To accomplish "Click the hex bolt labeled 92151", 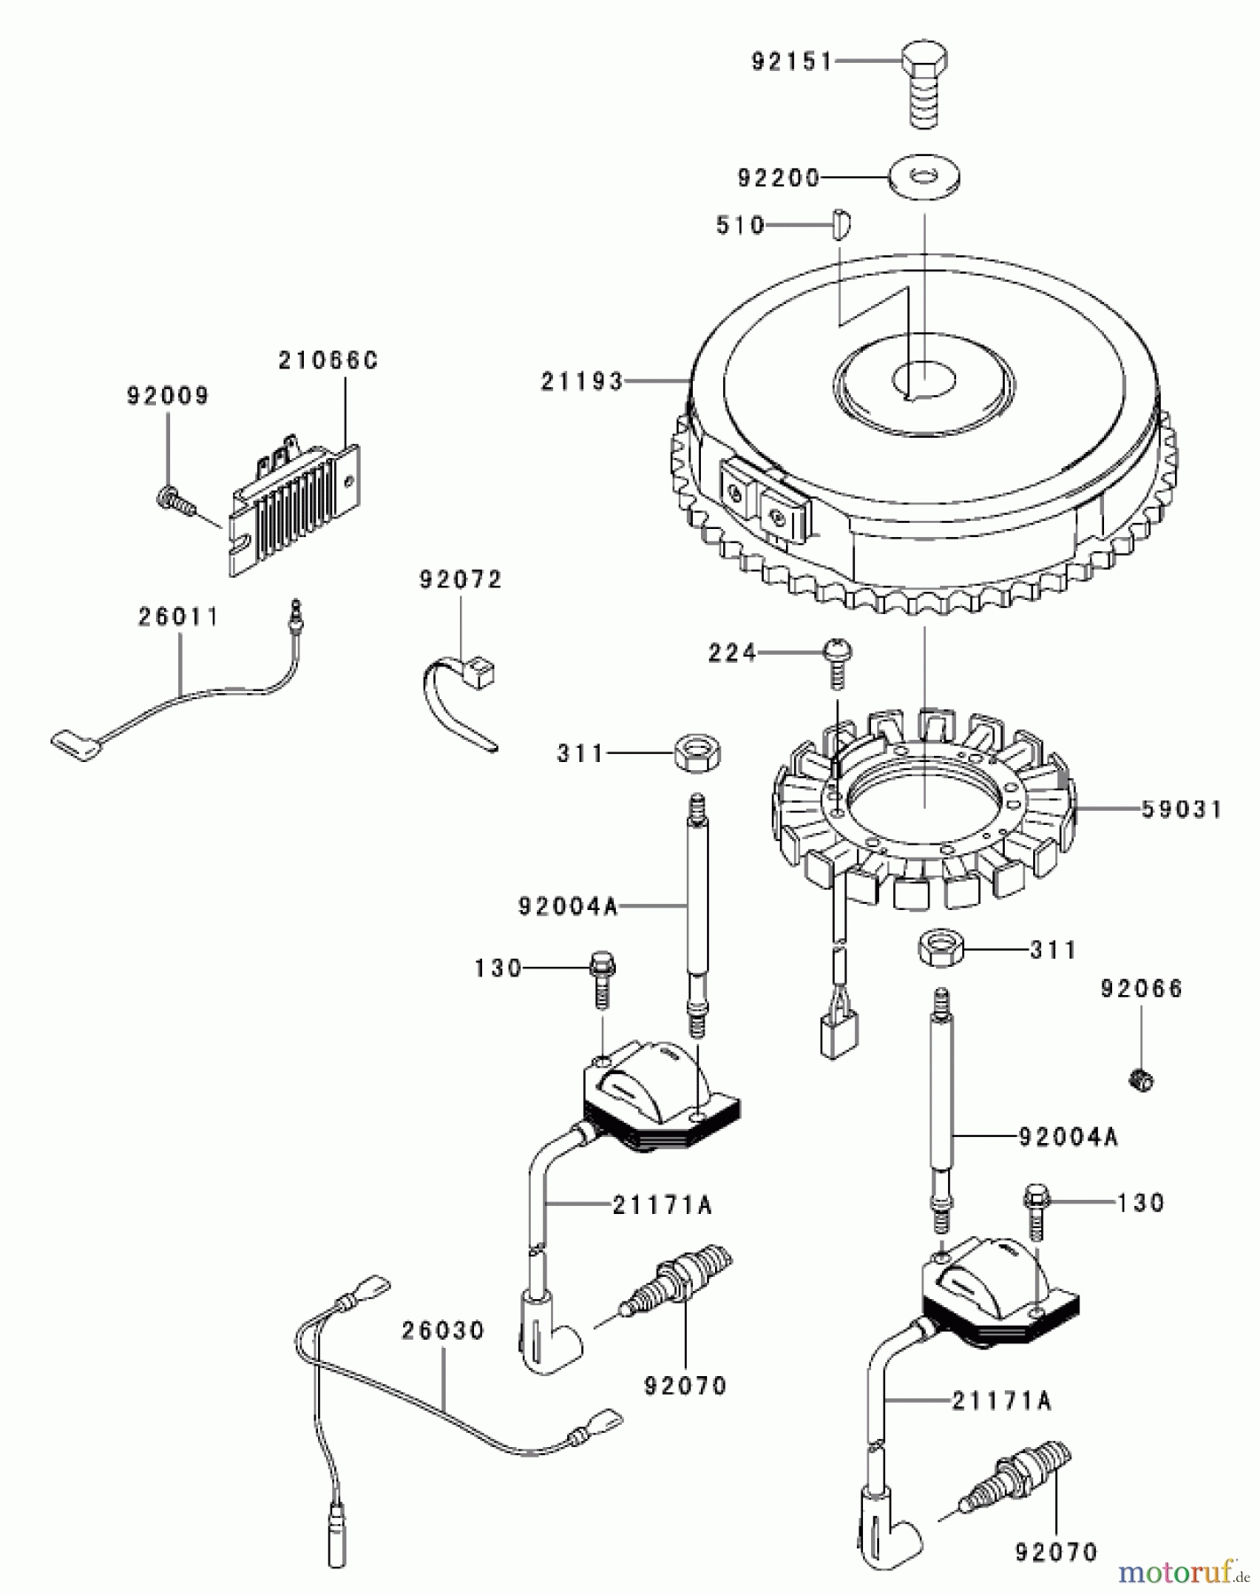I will pos(926,85).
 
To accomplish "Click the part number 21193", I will pos(581,382).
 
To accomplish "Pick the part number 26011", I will pos(177,617).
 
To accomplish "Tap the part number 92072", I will pos(460,580).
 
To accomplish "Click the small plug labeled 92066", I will pos(1142,1078).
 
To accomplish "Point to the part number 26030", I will pos(442,1330).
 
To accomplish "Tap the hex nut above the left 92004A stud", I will pos(696,753).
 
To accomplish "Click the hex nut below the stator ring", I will pos(940,950).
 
